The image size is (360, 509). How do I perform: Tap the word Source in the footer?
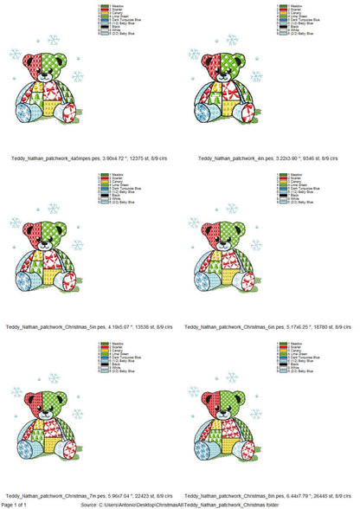pyautogui.click(x=89, y=504)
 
